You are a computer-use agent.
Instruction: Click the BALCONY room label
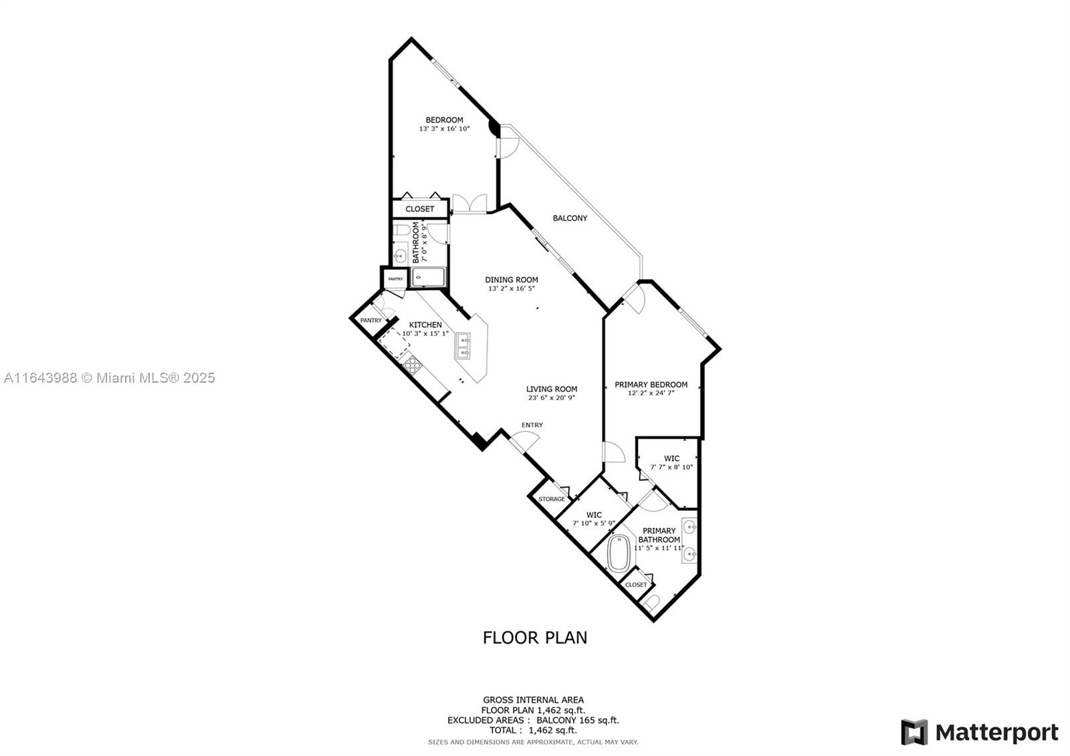click(x=570, y=218)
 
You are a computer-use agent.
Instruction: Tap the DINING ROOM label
click(x=512, y=280)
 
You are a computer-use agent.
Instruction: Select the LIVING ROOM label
click(x=551, y=389)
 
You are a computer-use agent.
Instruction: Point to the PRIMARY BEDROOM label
click(x=651, y=385)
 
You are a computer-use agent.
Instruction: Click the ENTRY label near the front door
click(x=532, y=425)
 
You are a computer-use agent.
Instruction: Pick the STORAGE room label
click(x=552, y=499)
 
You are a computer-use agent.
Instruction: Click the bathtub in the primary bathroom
click(x=620, y=553)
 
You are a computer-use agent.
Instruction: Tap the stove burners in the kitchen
click(x=413, y=365)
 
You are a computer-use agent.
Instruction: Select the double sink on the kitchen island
click(x=463, y=347)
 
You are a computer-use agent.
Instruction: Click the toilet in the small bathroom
click(x=401, y=231)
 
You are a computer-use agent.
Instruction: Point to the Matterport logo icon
click(x=914, y=732)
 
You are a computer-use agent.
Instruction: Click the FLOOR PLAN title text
click(x=535, y=638)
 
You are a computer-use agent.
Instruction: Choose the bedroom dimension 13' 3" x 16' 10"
click(x=444, y=128)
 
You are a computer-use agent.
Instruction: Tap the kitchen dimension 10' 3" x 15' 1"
click(x=425, y=333)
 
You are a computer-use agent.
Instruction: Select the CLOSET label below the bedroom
click(x=419, y=209)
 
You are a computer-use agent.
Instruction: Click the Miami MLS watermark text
click(x=110, y=378)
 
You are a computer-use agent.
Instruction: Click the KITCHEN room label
click(x=425, y=325)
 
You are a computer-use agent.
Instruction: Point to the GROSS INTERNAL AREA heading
click(x=533, y=700)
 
